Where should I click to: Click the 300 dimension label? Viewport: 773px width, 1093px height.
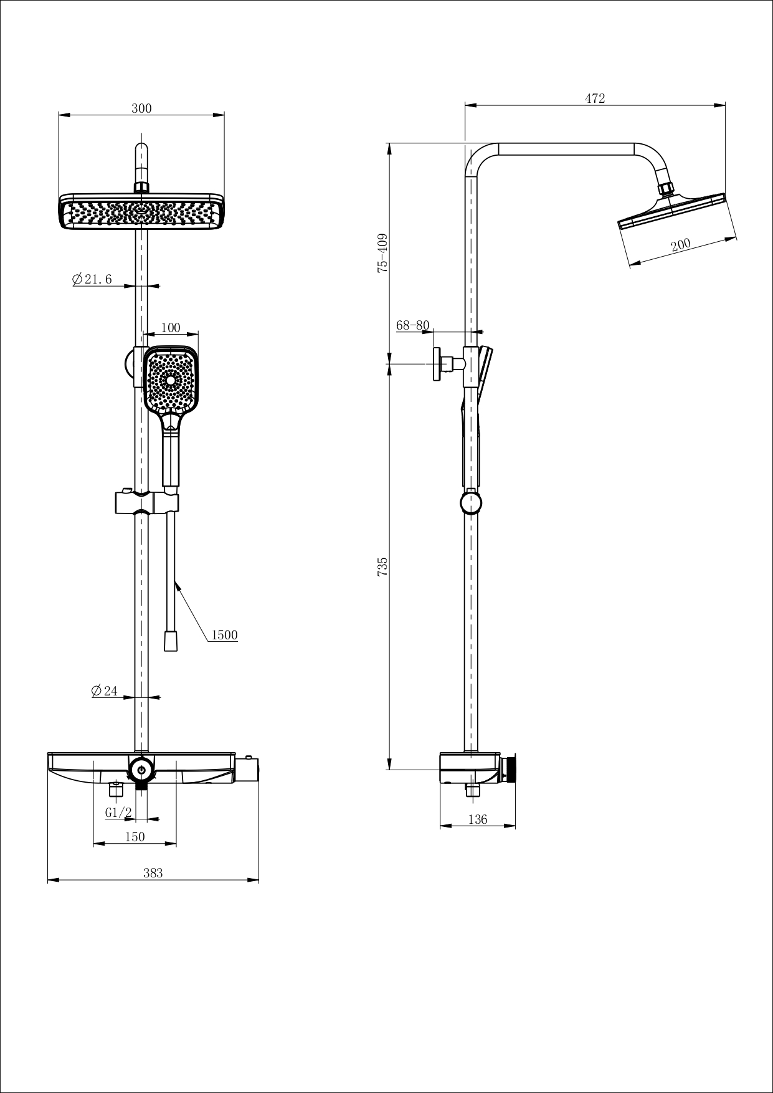click(141, 108)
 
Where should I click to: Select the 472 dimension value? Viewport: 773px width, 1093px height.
click(595, 98)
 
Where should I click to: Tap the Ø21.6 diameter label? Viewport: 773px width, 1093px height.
click(93, 279)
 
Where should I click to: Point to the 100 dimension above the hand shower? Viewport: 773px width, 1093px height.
click(170, 328)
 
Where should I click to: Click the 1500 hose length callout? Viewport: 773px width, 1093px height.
click(224, 635)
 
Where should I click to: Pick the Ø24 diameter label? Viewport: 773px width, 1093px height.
click(104, 691)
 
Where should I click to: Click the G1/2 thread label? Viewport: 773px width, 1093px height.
click(118, 813)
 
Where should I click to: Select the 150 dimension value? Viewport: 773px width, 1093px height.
click(135, 837)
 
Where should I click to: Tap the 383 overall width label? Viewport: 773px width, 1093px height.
click(153, 873)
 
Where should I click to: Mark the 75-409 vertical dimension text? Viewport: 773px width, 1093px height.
click(382, 253)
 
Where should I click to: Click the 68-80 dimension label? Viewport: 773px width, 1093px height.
click(412, 325)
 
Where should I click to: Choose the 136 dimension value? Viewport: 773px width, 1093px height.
click(477, 819)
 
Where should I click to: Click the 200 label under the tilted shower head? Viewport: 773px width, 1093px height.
click(681, 244)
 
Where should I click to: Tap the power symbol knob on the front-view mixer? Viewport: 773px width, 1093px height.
click(141, 770)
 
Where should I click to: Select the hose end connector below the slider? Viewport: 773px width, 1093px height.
click(170, 641)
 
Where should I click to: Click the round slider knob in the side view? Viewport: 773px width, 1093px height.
click(471, 502)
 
